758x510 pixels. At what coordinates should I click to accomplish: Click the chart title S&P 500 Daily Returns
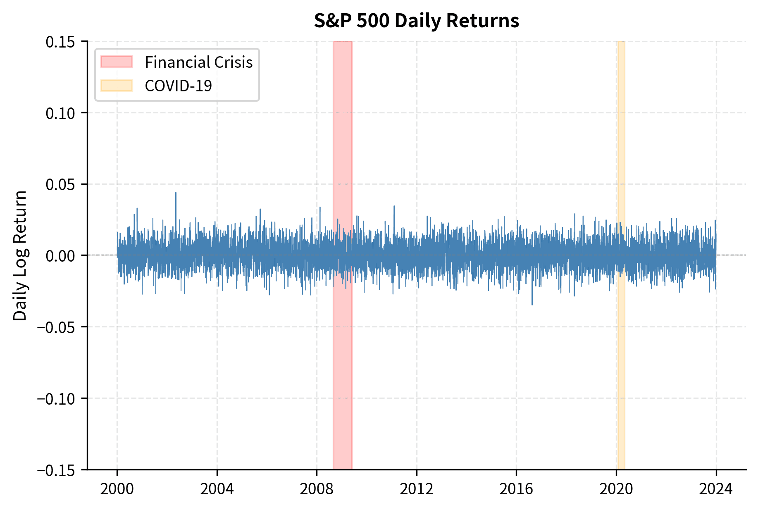click(x=416, y=21)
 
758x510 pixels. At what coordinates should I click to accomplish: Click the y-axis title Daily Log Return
click(x=20, y=255)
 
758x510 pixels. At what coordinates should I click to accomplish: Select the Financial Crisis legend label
click(x=198, y=62)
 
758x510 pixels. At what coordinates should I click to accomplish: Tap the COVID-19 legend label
click(x=178, y=86)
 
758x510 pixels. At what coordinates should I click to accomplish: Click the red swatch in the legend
click(x=117, y=62)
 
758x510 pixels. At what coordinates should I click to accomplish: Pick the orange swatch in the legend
click(x=117, y=86)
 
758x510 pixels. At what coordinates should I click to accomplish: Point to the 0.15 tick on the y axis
click(x=60, y=42)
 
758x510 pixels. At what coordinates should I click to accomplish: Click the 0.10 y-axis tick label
click(x=60, y=113)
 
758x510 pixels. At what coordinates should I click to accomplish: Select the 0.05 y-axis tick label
click(x=60, y=184)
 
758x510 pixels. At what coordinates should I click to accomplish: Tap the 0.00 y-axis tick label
click(x=60, y=256)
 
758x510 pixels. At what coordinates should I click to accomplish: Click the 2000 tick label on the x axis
click(x=117, y=489)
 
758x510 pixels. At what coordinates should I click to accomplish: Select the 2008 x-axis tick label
click(x=317, y=489)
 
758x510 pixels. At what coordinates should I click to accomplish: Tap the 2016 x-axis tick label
click(x=516, y=489)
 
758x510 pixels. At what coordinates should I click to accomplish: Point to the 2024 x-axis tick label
click(x=716, y=489)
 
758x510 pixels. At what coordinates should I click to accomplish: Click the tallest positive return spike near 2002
click(x=176, y=193)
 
